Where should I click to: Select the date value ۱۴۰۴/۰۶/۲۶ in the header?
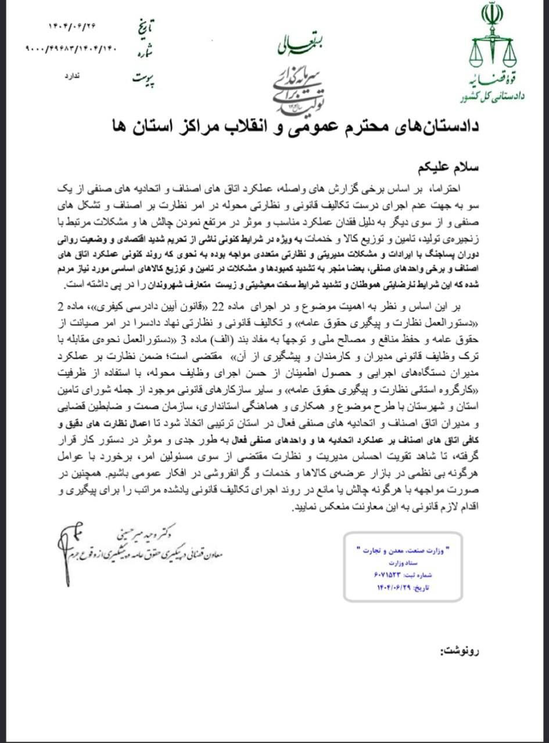click(x=71, y=27)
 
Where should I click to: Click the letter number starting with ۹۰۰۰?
click(x=71, y=49)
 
